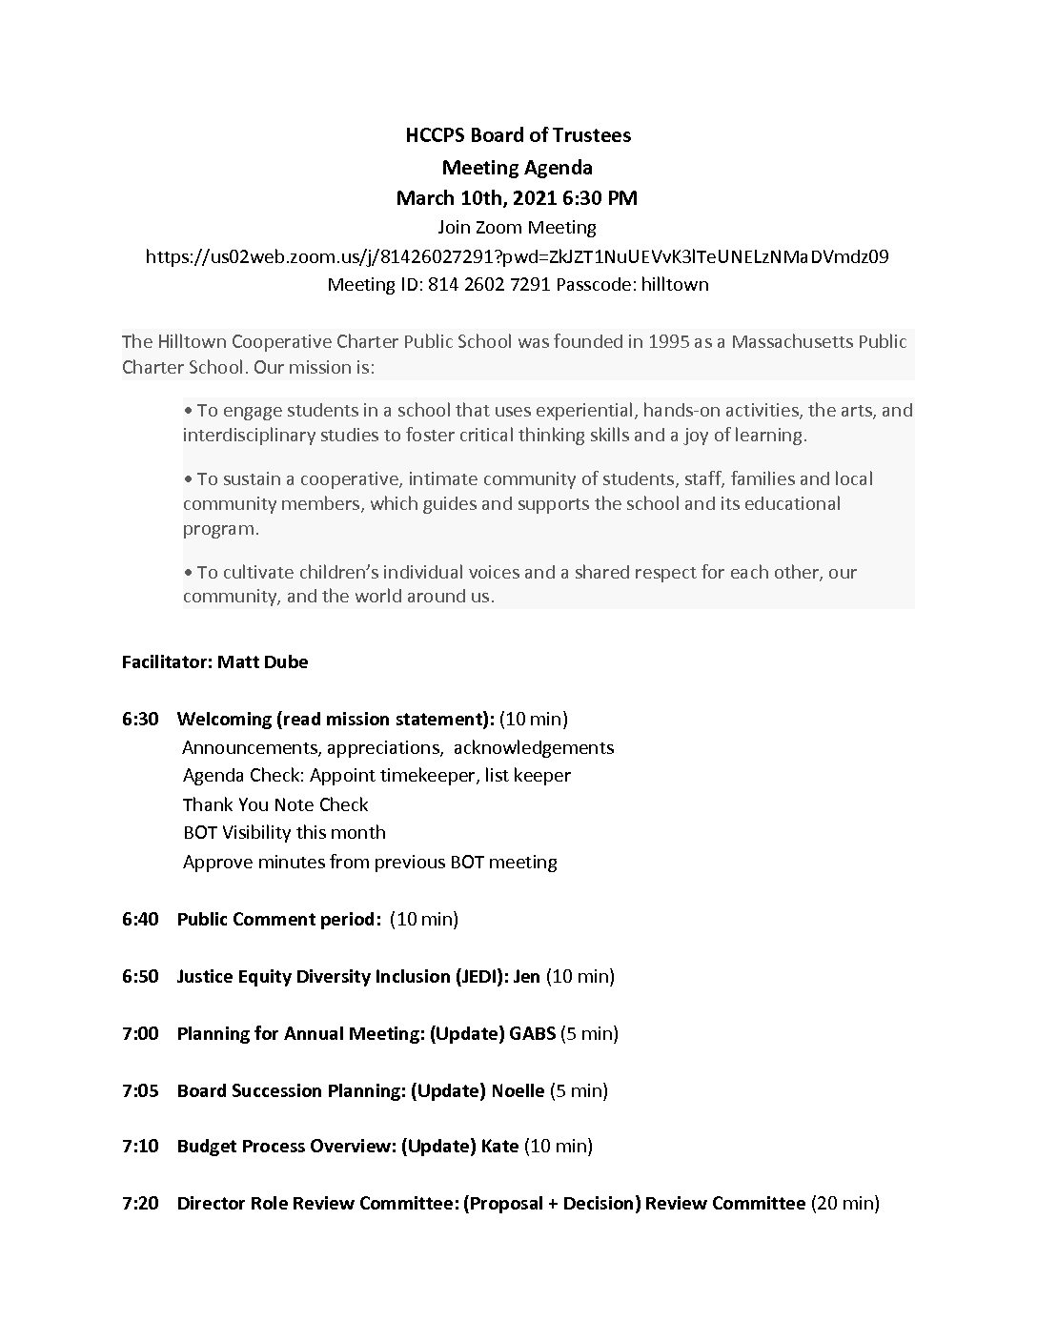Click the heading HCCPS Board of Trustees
(x=518, y=135)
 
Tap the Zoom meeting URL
(x=518, y=256)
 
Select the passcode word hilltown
(x=674, y=284)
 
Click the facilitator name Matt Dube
(x=262, y=661)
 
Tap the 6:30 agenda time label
(x=140, y=719)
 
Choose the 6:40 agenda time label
(x=140, y=919)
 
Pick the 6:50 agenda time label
(x=140, y=976)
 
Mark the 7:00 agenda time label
(x=140, y=1033)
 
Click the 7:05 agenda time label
(x=140, y=1090)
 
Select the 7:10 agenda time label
(x=140, y=1146)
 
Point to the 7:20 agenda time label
(x=140, y=1203)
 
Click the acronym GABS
(x=533, y=1033)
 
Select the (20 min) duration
(x=844, y=1203)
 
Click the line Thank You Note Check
(x=275, y=804)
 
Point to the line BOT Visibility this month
(x=284, y=832)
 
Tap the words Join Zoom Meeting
(x=518, y=228)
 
